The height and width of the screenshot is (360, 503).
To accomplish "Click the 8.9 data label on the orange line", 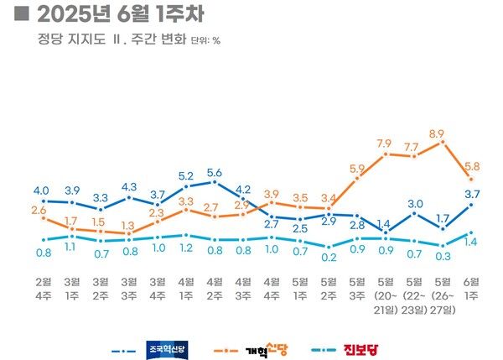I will [x=436, y=133].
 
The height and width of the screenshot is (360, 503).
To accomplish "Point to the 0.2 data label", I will [x=329, y=257].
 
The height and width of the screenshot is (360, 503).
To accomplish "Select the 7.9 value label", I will [x=385, y=143].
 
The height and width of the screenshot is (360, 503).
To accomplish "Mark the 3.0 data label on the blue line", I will [x=415, y=203].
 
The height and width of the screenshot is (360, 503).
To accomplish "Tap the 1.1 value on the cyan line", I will [x=71, y=247].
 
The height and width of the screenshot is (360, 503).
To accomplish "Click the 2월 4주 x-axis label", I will [x=43, y=290].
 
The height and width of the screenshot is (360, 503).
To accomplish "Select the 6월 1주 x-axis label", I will [x=471, y=290].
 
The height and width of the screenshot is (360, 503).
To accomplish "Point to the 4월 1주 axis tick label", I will [x=186, y=290].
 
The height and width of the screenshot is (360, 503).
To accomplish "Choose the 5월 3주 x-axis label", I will [x=357, y=290].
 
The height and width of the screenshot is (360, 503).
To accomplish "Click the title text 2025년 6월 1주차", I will [x=117, y=15].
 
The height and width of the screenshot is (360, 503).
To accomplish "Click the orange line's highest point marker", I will [x=443, y=142].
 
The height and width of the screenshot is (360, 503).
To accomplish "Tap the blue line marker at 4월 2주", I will [x=215, y=182].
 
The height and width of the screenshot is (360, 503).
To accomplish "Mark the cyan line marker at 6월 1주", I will [x=471, y=232].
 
